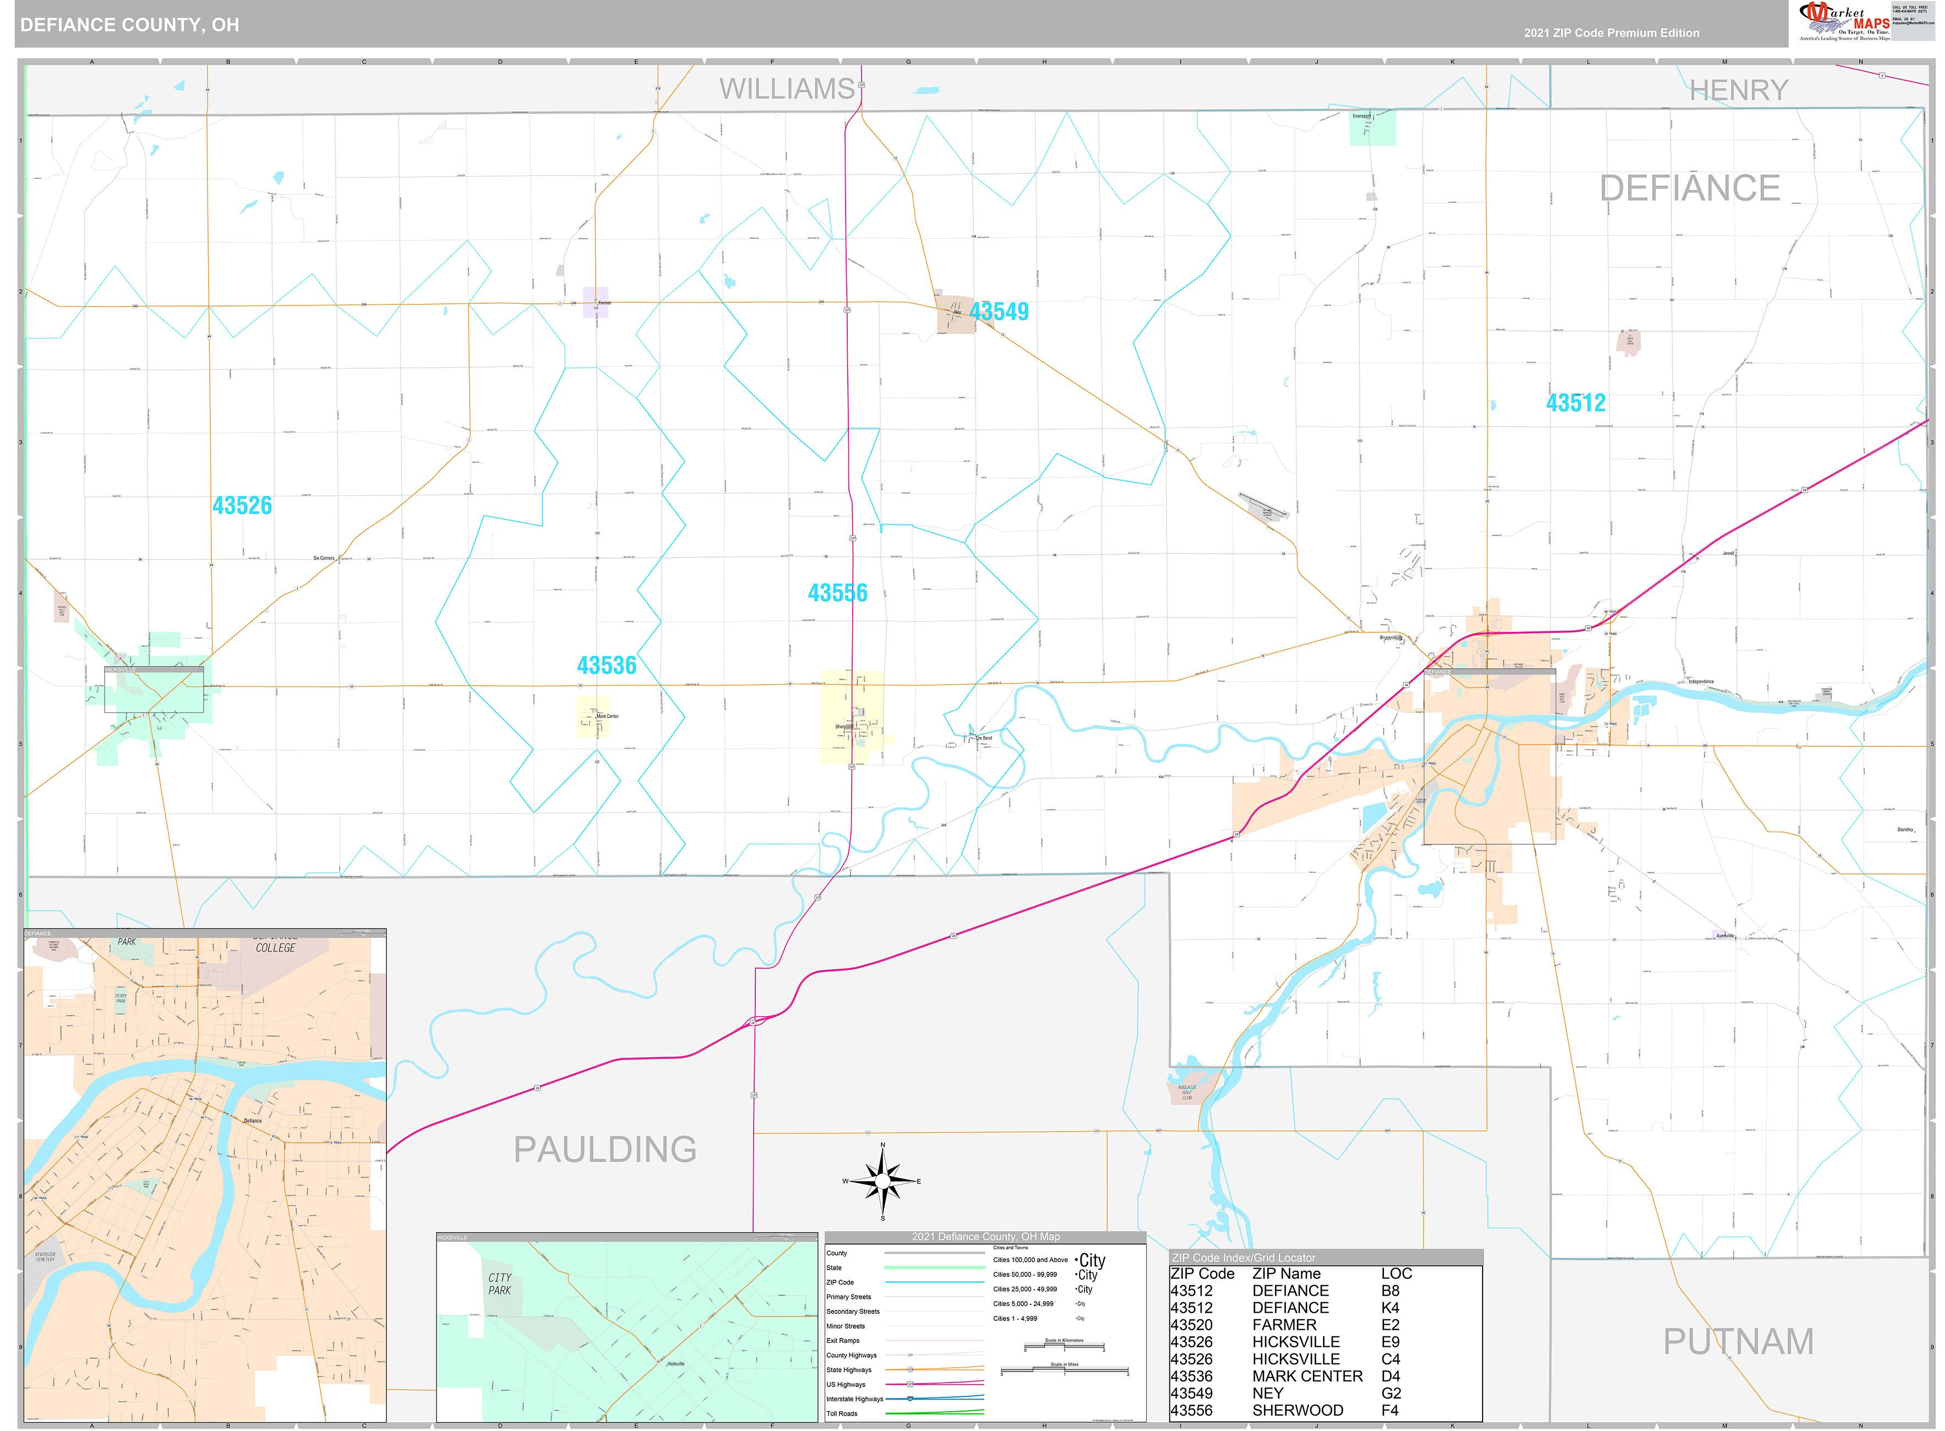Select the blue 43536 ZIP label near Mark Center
click(x=607, y=665)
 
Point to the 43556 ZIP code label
click(x=837, y=593)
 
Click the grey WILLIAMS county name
click(x=787, y=89)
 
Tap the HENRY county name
click(x=1738, y=90)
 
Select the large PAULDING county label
click(x=604, y=1149)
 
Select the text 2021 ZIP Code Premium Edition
click(x=1611, y=33)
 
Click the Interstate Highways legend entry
click(x=854, y=1399)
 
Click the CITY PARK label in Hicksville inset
click(x=500, y=1283)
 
